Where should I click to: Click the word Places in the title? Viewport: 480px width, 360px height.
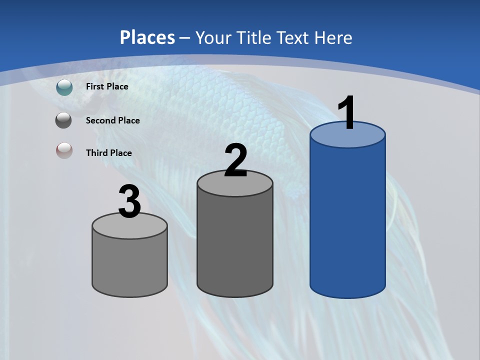[147, 37]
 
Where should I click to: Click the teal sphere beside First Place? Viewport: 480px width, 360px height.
[64, 87]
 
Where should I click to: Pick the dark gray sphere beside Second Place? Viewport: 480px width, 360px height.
[63, 120]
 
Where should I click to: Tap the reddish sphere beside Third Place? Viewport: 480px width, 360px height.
[64, 150]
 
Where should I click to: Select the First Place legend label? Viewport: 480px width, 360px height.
[107, 86]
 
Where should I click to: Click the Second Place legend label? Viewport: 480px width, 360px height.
[112, 120]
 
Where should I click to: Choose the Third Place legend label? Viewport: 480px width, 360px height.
[108, 153]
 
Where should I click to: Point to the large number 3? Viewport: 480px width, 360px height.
[129, 202]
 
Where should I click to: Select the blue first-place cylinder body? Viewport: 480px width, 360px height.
[347, 220]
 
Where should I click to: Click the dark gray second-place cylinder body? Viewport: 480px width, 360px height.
[235, 245]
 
